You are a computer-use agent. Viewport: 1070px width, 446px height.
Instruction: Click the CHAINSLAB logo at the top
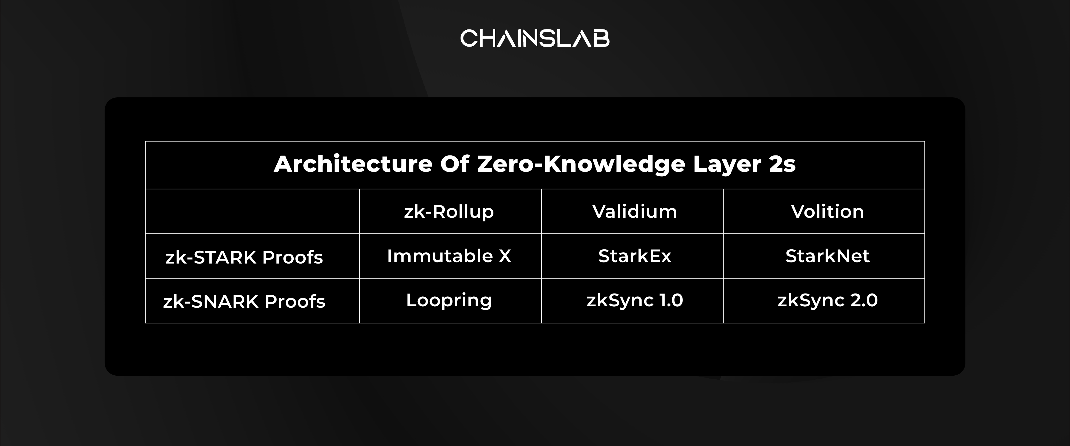[x=535, y=38]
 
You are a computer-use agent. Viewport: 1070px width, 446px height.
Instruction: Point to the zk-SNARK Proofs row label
[x=244, y=301]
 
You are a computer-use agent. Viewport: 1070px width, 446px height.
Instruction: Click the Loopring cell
[x=449, y=300]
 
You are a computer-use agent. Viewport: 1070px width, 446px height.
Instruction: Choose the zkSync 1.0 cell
[x=635, y=300]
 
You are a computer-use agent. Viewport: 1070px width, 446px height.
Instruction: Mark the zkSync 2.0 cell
[x=827, y=300]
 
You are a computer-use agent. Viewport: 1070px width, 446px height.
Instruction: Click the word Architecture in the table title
[x=353, y=164]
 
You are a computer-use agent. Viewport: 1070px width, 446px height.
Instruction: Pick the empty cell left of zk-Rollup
[x=252, y=211]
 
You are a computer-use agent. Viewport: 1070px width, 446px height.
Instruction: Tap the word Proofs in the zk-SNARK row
[x=295, y=301]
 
